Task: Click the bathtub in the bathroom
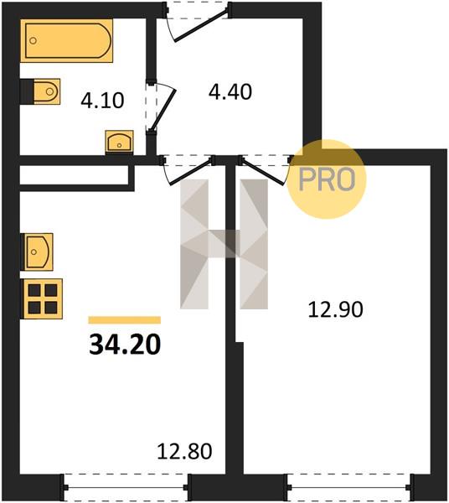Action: [x=67, y=40]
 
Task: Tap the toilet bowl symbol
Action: [x=46, y=91]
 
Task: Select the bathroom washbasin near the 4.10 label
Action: [x=120, y=141]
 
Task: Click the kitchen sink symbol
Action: [x=37, y=251]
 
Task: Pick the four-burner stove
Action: [x=42, y=298]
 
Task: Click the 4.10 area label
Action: [x=102, y=101]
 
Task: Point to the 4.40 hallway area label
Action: [x=230, y=91]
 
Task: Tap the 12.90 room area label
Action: [x=335, y=310]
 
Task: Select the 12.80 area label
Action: [x=184, y=451]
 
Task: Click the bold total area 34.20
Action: [x=125, y=345]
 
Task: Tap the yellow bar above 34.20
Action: [x=124, y=320]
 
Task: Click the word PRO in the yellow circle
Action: [x=327, y=179]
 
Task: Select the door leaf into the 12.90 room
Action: [x=263, y=172]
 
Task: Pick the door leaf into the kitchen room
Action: [x=191, y=172]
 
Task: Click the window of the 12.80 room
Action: [x=126, y=488]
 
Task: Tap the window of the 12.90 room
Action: [x=348, y=488]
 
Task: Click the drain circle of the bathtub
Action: [x=33, y=41]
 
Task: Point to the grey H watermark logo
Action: [x=224, y=244]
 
